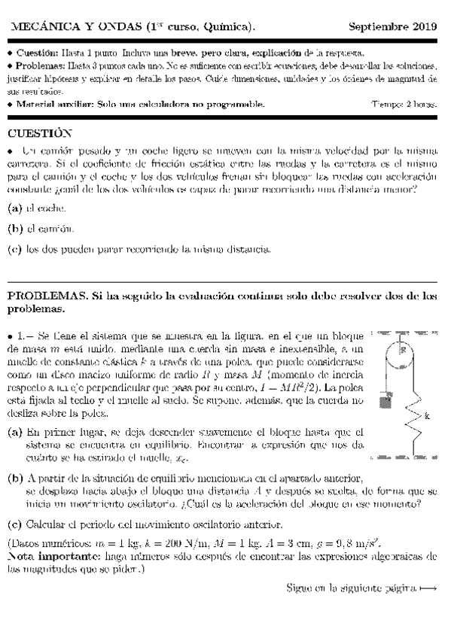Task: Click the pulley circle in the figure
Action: [x=403, y=351]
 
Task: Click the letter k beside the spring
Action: [x=428, y=415]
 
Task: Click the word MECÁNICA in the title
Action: [x=38, y=27]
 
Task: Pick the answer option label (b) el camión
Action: [x=14, y=228]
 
